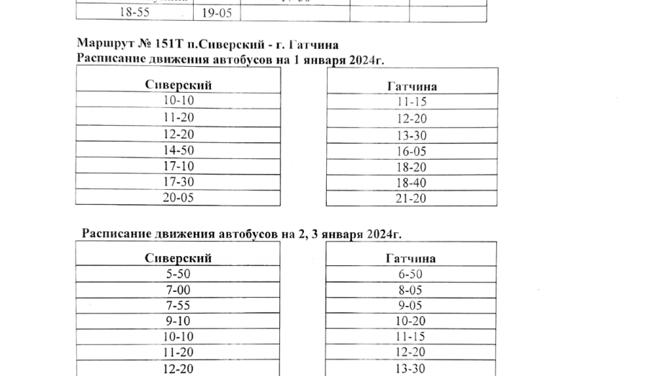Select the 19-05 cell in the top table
point(216,13)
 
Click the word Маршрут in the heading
point(102,45)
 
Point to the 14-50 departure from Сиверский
point(178,150)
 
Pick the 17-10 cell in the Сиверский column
point(178,166)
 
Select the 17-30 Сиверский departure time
point(178,182)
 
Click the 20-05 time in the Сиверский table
point(178,198)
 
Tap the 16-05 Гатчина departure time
point(412,152)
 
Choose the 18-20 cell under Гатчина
point(412,168)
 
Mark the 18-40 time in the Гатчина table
point(412,183)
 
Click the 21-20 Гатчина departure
point(412,199)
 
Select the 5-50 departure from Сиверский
point(178,274)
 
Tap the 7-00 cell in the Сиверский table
point(178,290)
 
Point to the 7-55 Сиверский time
point(178,306)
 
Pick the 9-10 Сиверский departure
point(178,321)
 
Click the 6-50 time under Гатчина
point(410,275)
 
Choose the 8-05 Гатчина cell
point(410,290)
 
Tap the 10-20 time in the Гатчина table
point(410,321)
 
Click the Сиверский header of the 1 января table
point(178,85)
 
